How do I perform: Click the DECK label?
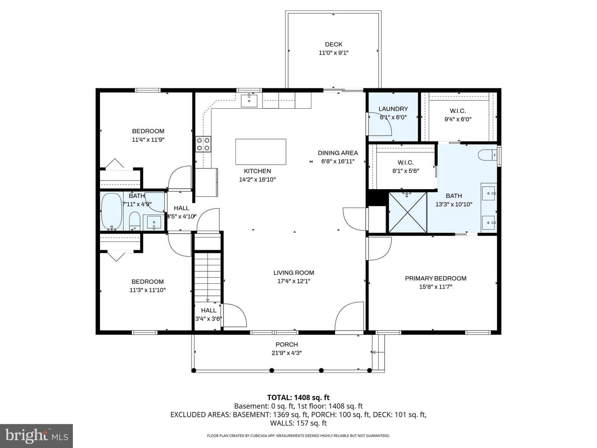click(x=333, y=44)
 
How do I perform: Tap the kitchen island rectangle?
click(x=260, y=152)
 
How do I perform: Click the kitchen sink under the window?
click(x=249, y=101)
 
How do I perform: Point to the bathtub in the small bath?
click(x=112, y=212)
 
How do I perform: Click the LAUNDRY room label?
click(x=393, y=109)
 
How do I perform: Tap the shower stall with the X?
click(x=408, y=212)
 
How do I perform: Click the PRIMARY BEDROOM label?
click(x=435, y=278)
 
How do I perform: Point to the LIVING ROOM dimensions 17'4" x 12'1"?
click(x=294, y=281)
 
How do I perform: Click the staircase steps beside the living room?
click(x=208, y=278)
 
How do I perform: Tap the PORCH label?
click(x=286, y=344)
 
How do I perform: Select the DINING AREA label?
click(x=338, y=153)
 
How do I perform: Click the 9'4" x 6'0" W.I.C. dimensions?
click(x=458, y=119)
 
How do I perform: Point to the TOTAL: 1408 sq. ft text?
click(x=298, y=397)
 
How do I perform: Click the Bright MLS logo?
click(x=36, y=436)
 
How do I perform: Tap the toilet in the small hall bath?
click(x=134, y=221)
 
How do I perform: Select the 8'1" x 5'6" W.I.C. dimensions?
click(x=405, y=171)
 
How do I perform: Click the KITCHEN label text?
click(x=257, y=171)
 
